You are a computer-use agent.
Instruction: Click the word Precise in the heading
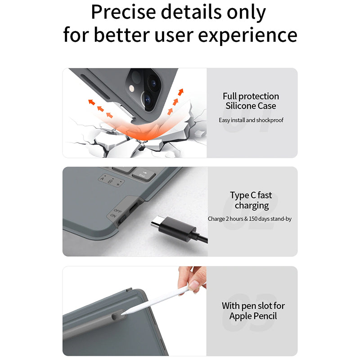[x=123, y=12]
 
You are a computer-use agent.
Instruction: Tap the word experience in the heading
[x=247, y=36]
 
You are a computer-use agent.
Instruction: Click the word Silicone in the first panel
[x=240, y=106]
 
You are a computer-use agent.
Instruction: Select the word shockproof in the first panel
[x=270, y=120]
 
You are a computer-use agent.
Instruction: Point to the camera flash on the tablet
[x=131, y=88]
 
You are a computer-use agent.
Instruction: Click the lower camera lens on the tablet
[x=147, y=99]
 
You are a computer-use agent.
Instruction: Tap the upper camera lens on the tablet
[x=153, y=84]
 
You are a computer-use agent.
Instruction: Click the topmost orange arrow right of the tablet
[x=181, y=92]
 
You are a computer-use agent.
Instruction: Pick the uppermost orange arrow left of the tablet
[x=92, y=102]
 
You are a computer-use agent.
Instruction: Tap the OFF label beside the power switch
[x=117, y=211]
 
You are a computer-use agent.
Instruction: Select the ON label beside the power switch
[x=113, y=216]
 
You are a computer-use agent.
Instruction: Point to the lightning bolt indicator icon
[x=118, y=184]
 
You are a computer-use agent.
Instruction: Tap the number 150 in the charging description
[x=253, y=219]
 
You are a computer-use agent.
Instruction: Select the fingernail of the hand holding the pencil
[x=193, y=285]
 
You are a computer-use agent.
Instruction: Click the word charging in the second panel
[x=252, y=206]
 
